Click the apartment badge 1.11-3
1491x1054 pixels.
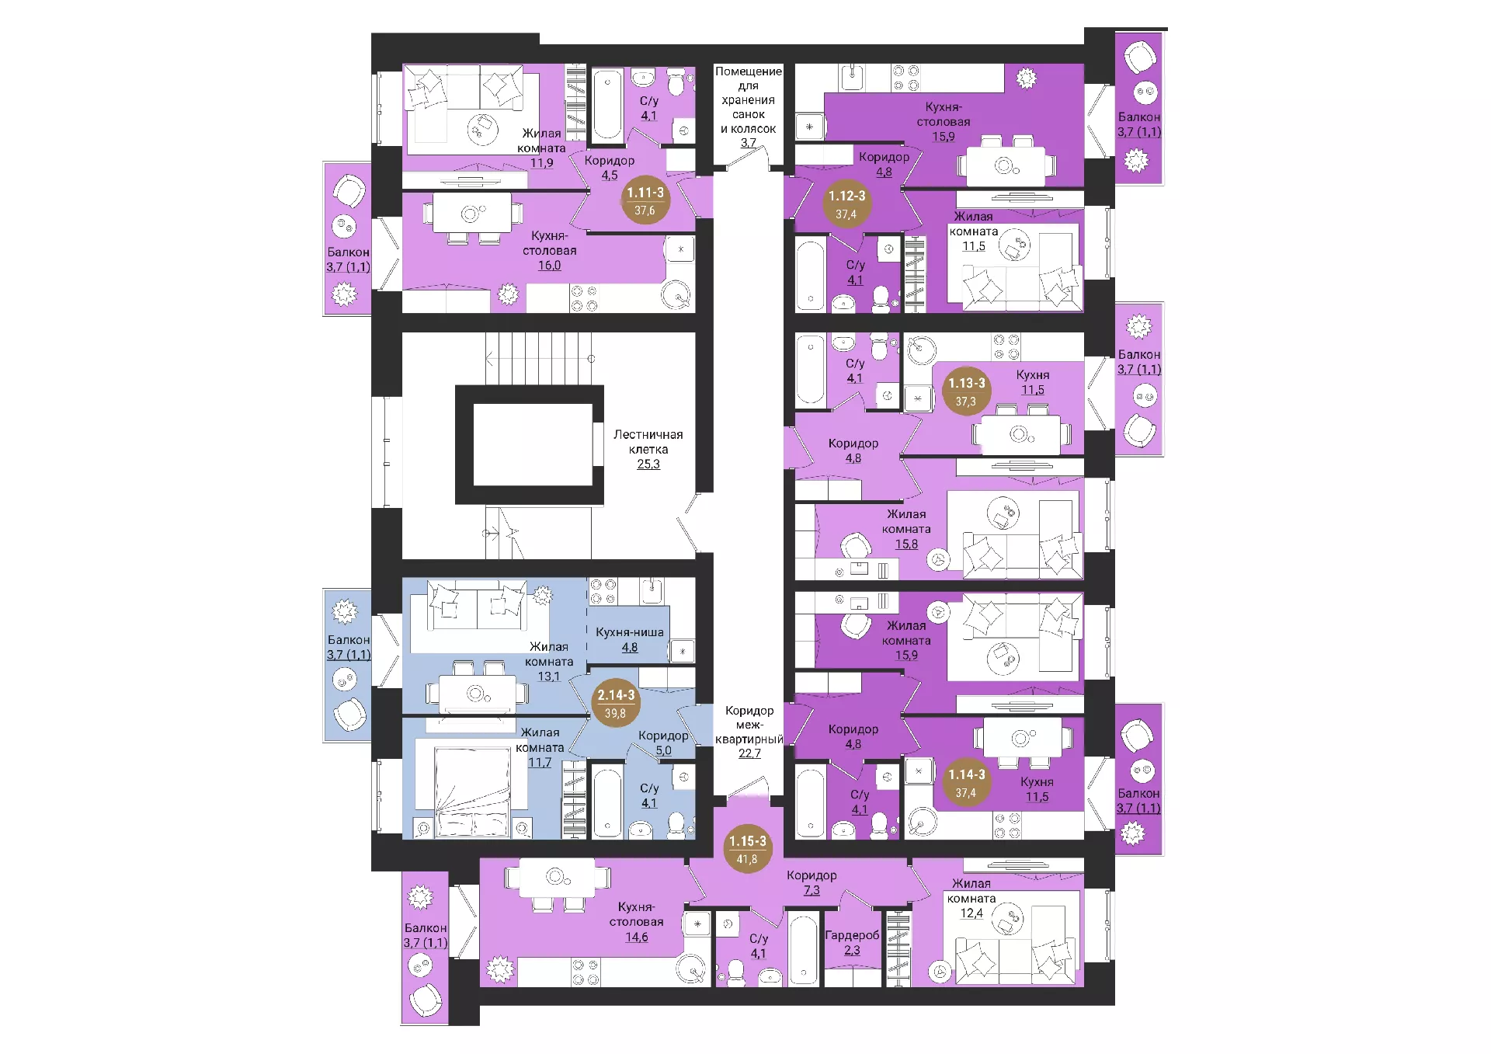(x=645, y=200)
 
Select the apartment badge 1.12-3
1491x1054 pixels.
(x=846, y=204)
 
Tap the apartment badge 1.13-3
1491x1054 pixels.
(x=966, y=391)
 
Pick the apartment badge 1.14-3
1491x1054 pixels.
(x=966, y=783)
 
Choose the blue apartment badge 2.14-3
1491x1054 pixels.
(x=615, y=704)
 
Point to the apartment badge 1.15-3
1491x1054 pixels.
(x=747, y=849)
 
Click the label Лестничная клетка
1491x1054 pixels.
(x=648, y=442)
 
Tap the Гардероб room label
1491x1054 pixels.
(x=852, y=935)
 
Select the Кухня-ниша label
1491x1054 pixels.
(x=630, y=632)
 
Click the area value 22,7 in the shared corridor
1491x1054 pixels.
(x=749, y=753)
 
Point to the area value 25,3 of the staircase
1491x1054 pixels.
(x=648, y=464)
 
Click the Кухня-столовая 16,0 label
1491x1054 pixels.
(x=550, y=250)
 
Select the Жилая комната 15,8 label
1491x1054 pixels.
(x=906, y=529)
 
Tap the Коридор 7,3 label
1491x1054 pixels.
(x=812, y=882)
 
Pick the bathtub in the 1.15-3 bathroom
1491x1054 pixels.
(x=804, y=949)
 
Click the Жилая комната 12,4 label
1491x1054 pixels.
(x=971, y=899)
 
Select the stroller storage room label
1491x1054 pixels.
(x=749, y=107)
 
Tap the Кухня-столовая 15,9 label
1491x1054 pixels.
(x=944, y=122)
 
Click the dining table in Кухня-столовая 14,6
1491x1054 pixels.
(x=558, y=878)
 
